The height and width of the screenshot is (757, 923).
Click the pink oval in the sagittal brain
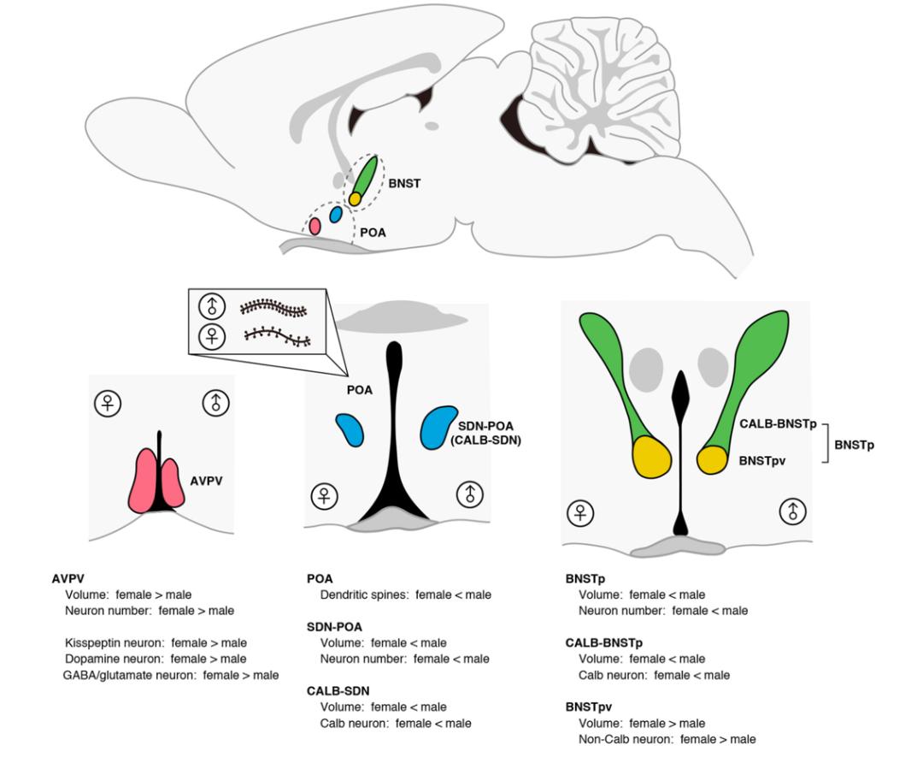315,226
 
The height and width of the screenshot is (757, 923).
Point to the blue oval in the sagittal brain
336,214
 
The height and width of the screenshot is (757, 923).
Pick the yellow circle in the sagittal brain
355,198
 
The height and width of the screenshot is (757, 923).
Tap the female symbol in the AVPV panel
108,402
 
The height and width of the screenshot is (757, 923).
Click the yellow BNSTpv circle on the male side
712,458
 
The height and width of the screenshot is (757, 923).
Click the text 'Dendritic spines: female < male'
405,594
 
